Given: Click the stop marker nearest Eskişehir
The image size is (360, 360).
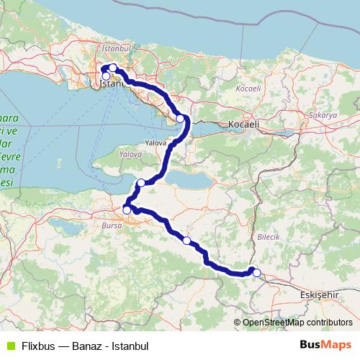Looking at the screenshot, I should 256,272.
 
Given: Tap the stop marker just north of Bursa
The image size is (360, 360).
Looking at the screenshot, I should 127,210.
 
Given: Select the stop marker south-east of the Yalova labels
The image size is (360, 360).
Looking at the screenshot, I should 141,182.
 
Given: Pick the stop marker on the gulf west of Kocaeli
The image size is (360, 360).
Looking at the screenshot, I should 180,118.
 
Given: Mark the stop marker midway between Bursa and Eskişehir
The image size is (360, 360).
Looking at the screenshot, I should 186,240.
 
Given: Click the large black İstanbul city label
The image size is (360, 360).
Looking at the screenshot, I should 114,84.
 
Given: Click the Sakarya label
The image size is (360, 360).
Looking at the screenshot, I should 323,115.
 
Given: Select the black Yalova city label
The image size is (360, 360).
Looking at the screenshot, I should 156,143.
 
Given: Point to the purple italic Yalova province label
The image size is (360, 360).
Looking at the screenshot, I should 130,154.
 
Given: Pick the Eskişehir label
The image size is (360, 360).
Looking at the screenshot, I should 318,294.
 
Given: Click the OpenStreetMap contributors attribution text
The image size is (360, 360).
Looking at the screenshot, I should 297,323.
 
